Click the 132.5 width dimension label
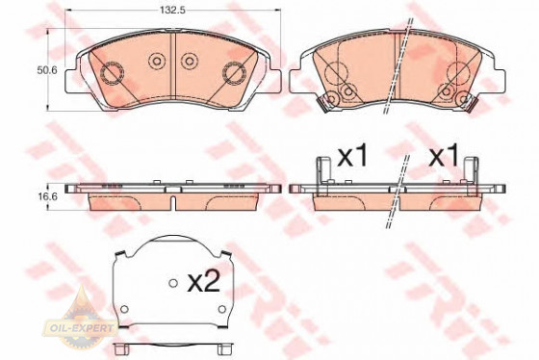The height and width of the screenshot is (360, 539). [x=172, y=11]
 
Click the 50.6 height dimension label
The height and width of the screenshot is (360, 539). [x=47, y=70]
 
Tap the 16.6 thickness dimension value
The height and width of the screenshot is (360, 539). [x=47, y=196]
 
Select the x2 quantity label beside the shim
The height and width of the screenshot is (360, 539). [x=203, y=283]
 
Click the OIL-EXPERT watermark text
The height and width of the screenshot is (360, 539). [x=81, y=327]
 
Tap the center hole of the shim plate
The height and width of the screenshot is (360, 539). [x=173, y=283]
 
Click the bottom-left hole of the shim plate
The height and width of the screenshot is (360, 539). [x=124, y=309]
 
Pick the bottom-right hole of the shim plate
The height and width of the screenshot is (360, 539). [x=222, y=309]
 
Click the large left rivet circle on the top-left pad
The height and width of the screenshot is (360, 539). [x=112, y=73]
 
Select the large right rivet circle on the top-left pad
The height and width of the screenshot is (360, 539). [x=235, y=73]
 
